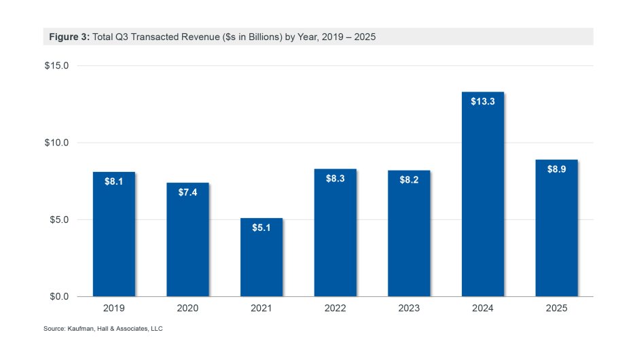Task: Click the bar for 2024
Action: point(482,197)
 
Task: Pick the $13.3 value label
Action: point(482,102)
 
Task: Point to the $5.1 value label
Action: point(261,228)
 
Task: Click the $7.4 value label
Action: point(188,193)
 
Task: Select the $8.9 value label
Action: point(556,169)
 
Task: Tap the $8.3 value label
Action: point(335,179)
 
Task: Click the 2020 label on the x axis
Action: point(188,308)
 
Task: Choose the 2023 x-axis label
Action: point(409,308)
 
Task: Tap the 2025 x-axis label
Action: point(556,308)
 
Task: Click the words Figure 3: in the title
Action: point(69,37)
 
